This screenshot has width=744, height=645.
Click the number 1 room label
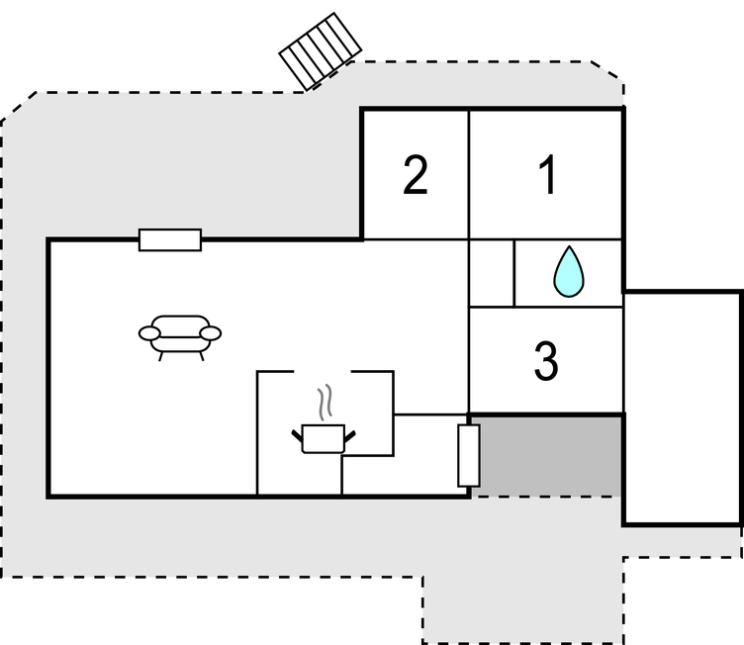pyautogui.click(x=547, y=176)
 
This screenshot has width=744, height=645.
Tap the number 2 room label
pyautogui.click(x=416, y=176)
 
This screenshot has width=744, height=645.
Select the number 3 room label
pyautogui.click(x=545, y=361)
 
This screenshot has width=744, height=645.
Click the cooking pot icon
pyautogui.click(x=323, y=437)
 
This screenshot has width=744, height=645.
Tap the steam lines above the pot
pyautogui.click(x=325, y=404)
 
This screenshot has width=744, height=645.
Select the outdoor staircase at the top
pyautogui.click(x=319, y=49)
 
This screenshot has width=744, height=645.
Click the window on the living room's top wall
pyautogui.click(x=170, y=239)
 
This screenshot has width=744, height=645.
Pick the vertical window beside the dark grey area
pyautogui.click(x=469, y=455)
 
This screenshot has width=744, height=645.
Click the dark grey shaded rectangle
pyautogui.click(x=549, y=455)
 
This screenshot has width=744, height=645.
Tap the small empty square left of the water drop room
pyautogui.click(x=491, y=273)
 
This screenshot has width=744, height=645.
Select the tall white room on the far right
pyautogui.click(x=683, y=408)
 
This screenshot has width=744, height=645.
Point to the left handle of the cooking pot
pyautogui.click(x=298, y=432)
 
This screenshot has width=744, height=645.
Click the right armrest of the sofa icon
pyautogui.click(x=211, y=332)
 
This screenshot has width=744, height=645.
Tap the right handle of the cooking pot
pyautogui.click(x=348, y=432)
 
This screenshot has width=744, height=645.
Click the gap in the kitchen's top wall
pyautogui.click(x=323, y=372)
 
